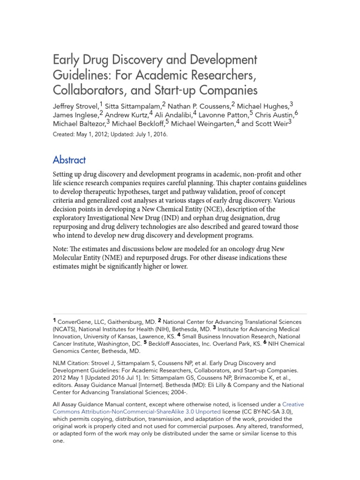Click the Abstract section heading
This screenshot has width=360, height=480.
[69, 160]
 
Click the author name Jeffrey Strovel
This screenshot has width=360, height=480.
[75, 106]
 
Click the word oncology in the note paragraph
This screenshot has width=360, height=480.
[245, 248]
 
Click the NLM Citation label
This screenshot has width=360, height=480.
[73, 363]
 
